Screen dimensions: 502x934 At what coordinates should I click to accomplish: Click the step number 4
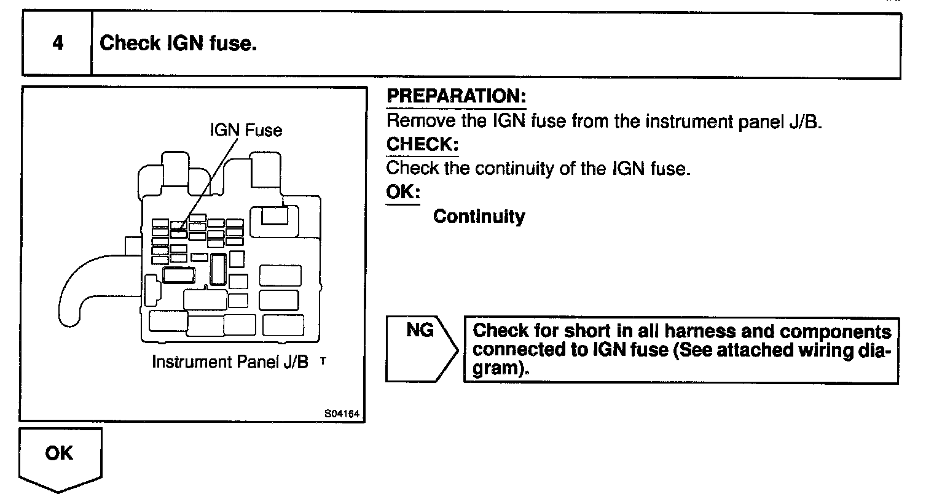click(57, 44)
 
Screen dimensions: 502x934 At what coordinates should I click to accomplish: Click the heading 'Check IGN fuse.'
click(178, 44)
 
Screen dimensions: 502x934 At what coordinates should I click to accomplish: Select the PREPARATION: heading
click(456, 96)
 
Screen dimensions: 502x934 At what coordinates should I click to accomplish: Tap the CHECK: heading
click(422, 145)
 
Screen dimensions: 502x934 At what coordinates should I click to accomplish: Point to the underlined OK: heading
click(402, 192)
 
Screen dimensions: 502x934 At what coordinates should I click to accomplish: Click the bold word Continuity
click(479, 217)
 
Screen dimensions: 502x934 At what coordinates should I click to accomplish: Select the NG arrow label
click(420, 331)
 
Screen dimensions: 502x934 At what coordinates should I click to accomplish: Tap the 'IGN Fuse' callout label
click(246, 130)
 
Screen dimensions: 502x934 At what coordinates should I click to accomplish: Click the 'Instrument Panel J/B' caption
click(230, 361)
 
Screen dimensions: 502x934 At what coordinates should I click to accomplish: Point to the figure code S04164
click(342, 414)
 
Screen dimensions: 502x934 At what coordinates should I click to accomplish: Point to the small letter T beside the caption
click(323, 361)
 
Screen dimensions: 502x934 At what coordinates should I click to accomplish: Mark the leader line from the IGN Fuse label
click(209, 184)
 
